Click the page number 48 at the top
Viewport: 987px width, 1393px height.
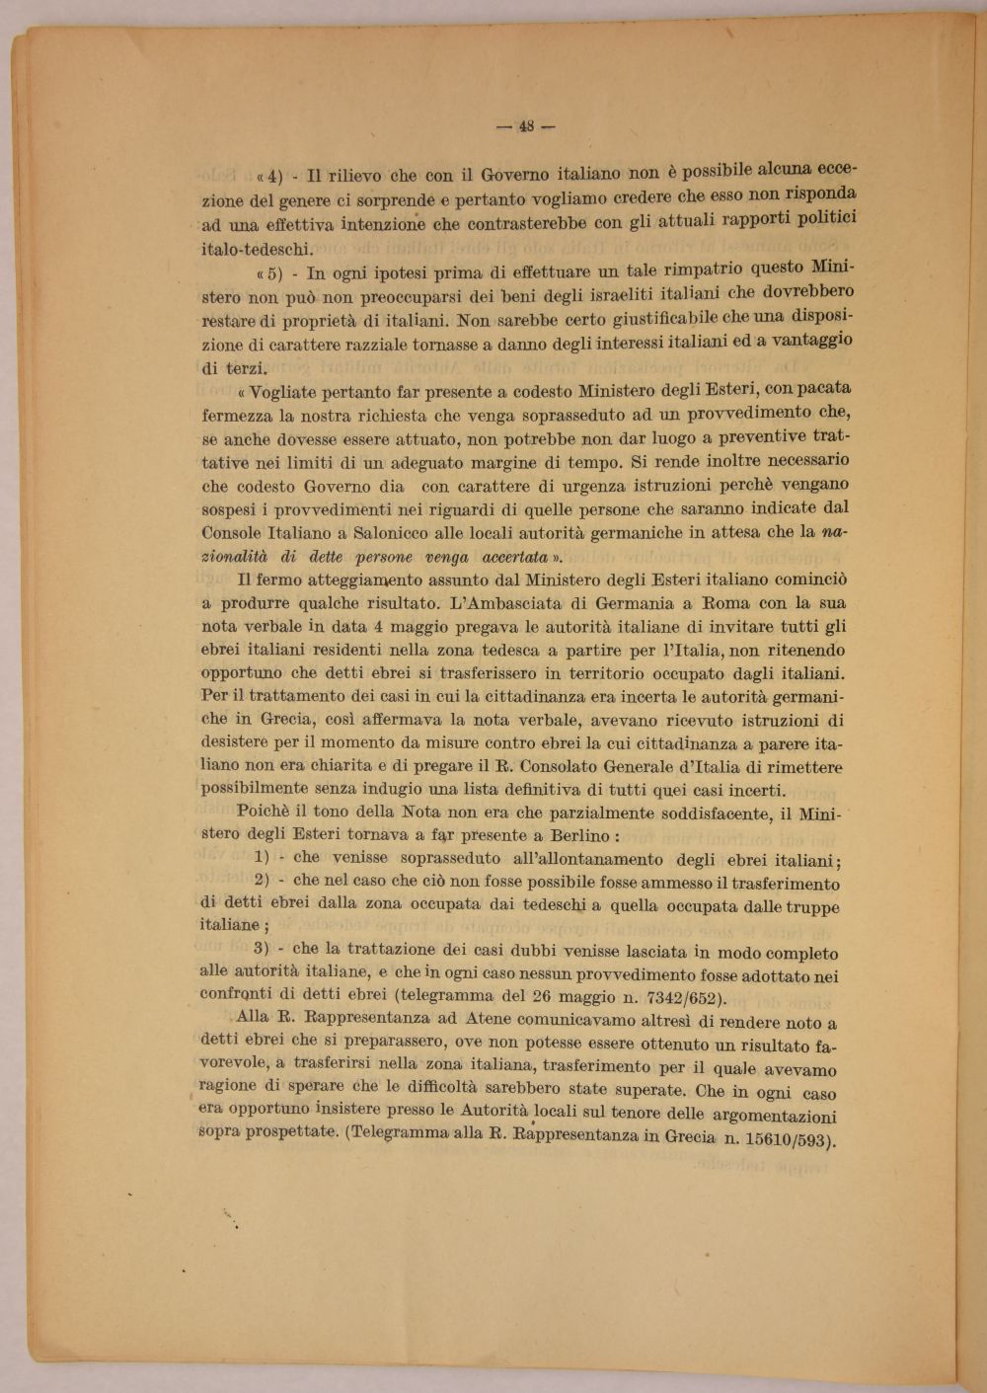click(525, 125)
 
